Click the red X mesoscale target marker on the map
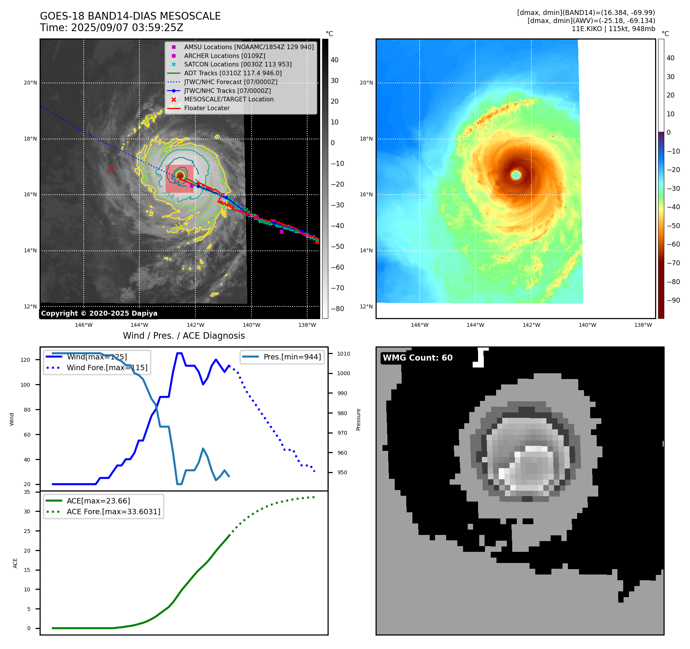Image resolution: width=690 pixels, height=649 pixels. coord(111,169)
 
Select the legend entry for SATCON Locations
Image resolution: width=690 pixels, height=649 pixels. coord(238,65)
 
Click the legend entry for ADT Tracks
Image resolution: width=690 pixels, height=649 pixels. coord(233,73)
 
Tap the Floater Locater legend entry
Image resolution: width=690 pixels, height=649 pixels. coord(207,108)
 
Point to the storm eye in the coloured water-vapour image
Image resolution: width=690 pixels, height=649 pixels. coord(516,175)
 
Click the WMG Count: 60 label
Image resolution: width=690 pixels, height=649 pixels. coord(417,358)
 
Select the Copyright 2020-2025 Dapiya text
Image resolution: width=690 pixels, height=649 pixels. coord(99,313)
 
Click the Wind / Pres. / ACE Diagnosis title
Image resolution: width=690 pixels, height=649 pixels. coord(184,336)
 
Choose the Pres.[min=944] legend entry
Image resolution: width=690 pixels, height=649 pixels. coord(292,357)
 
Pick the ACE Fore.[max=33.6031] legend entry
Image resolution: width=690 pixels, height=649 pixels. coord(113,512)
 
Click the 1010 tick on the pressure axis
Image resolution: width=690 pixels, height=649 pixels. coord(344,354)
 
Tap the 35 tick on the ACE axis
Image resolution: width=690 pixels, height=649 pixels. coord(27,492)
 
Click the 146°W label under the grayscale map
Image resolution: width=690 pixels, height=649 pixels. coord(84,325)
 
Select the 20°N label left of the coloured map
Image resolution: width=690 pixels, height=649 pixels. coord(366,83)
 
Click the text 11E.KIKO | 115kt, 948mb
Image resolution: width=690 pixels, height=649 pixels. coord(613,29)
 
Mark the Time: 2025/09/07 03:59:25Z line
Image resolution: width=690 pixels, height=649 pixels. coord(111,28)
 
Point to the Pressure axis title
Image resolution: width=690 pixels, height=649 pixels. coord(358,419)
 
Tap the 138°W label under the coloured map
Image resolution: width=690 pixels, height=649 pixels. coord(643,325)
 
